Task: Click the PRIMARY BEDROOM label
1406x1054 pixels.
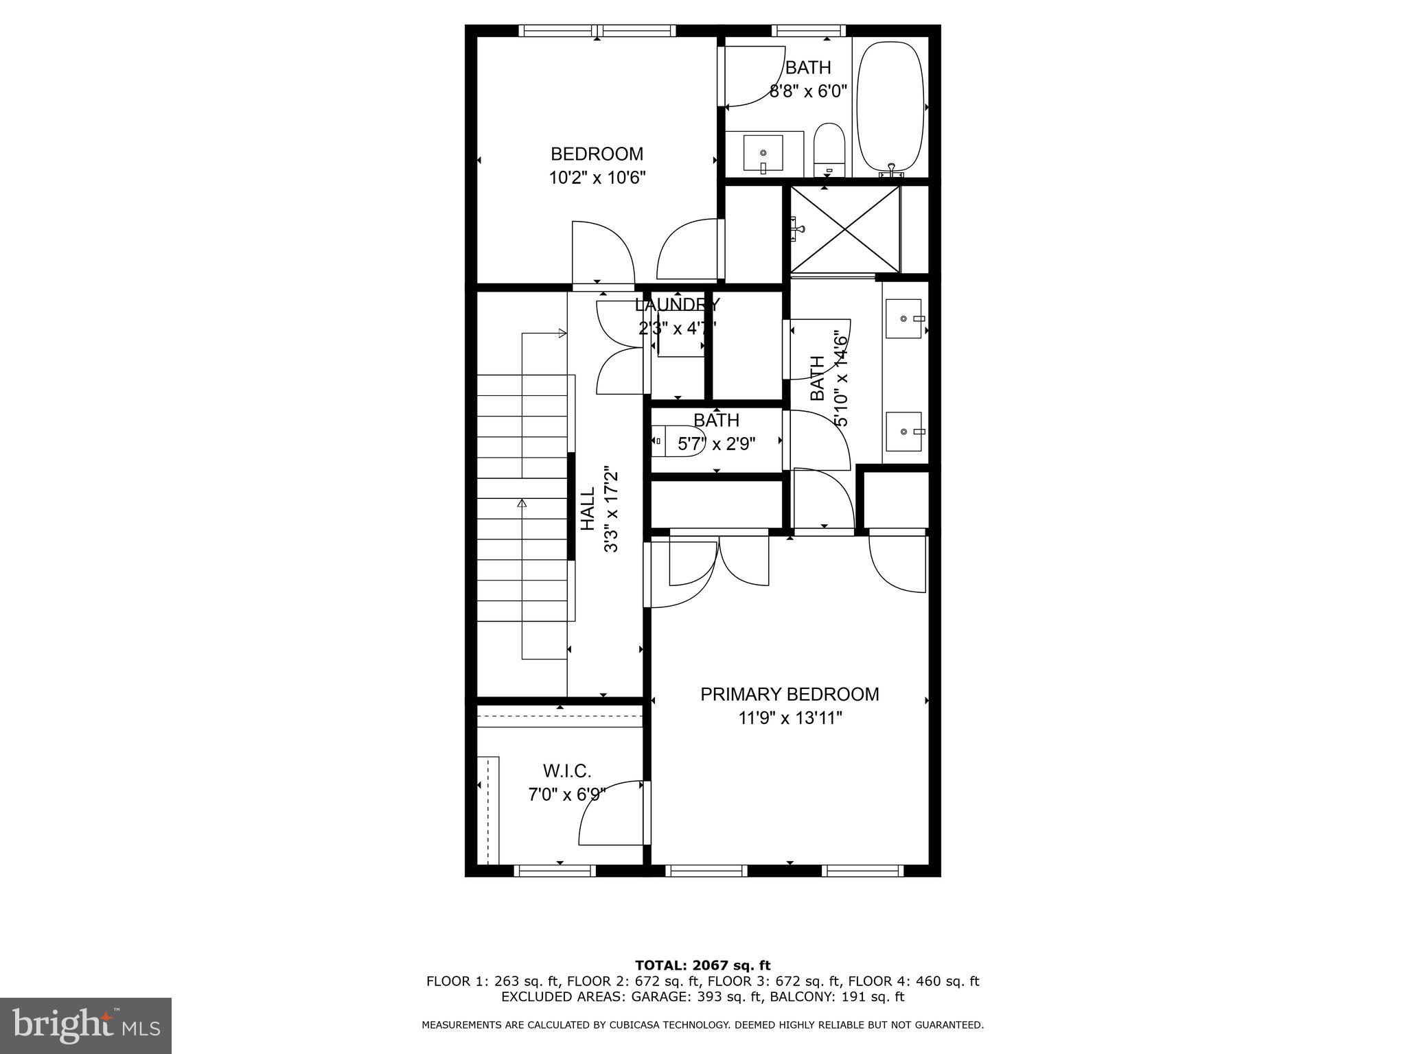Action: pos(790,694)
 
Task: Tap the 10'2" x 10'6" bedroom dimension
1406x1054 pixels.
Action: pos(597,178)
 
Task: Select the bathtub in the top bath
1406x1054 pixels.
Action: pos(891,107)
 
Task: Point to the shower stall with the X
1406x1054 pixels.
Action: pos(845,230)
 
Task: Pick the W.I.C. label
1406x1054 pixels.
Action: pos(567,771)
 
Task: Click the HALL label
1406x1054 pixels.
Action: pos(588,509)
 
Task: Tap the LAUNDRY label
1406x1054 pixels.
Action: pos(678,305)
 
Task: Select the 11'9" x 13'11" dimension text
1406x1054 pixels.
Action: pos(790,718)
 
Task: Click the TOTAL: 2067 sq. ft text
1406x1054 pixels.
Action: pos(702,965)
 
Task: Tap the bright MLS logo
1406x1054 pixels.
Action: pos(86,1025)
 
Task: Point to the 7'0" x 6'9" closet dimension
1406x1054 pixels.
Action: pos(567,795)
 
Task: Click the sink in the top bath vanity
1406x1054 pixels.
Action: pos(763,154)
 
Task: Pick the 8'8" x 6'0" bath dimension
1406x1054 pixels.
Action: pos(808,91)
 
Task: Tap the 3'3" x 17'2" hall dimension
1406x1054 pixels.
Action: pos(611,510)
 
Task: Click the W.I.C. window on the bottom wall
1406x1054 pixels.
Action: pos(555,871)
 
